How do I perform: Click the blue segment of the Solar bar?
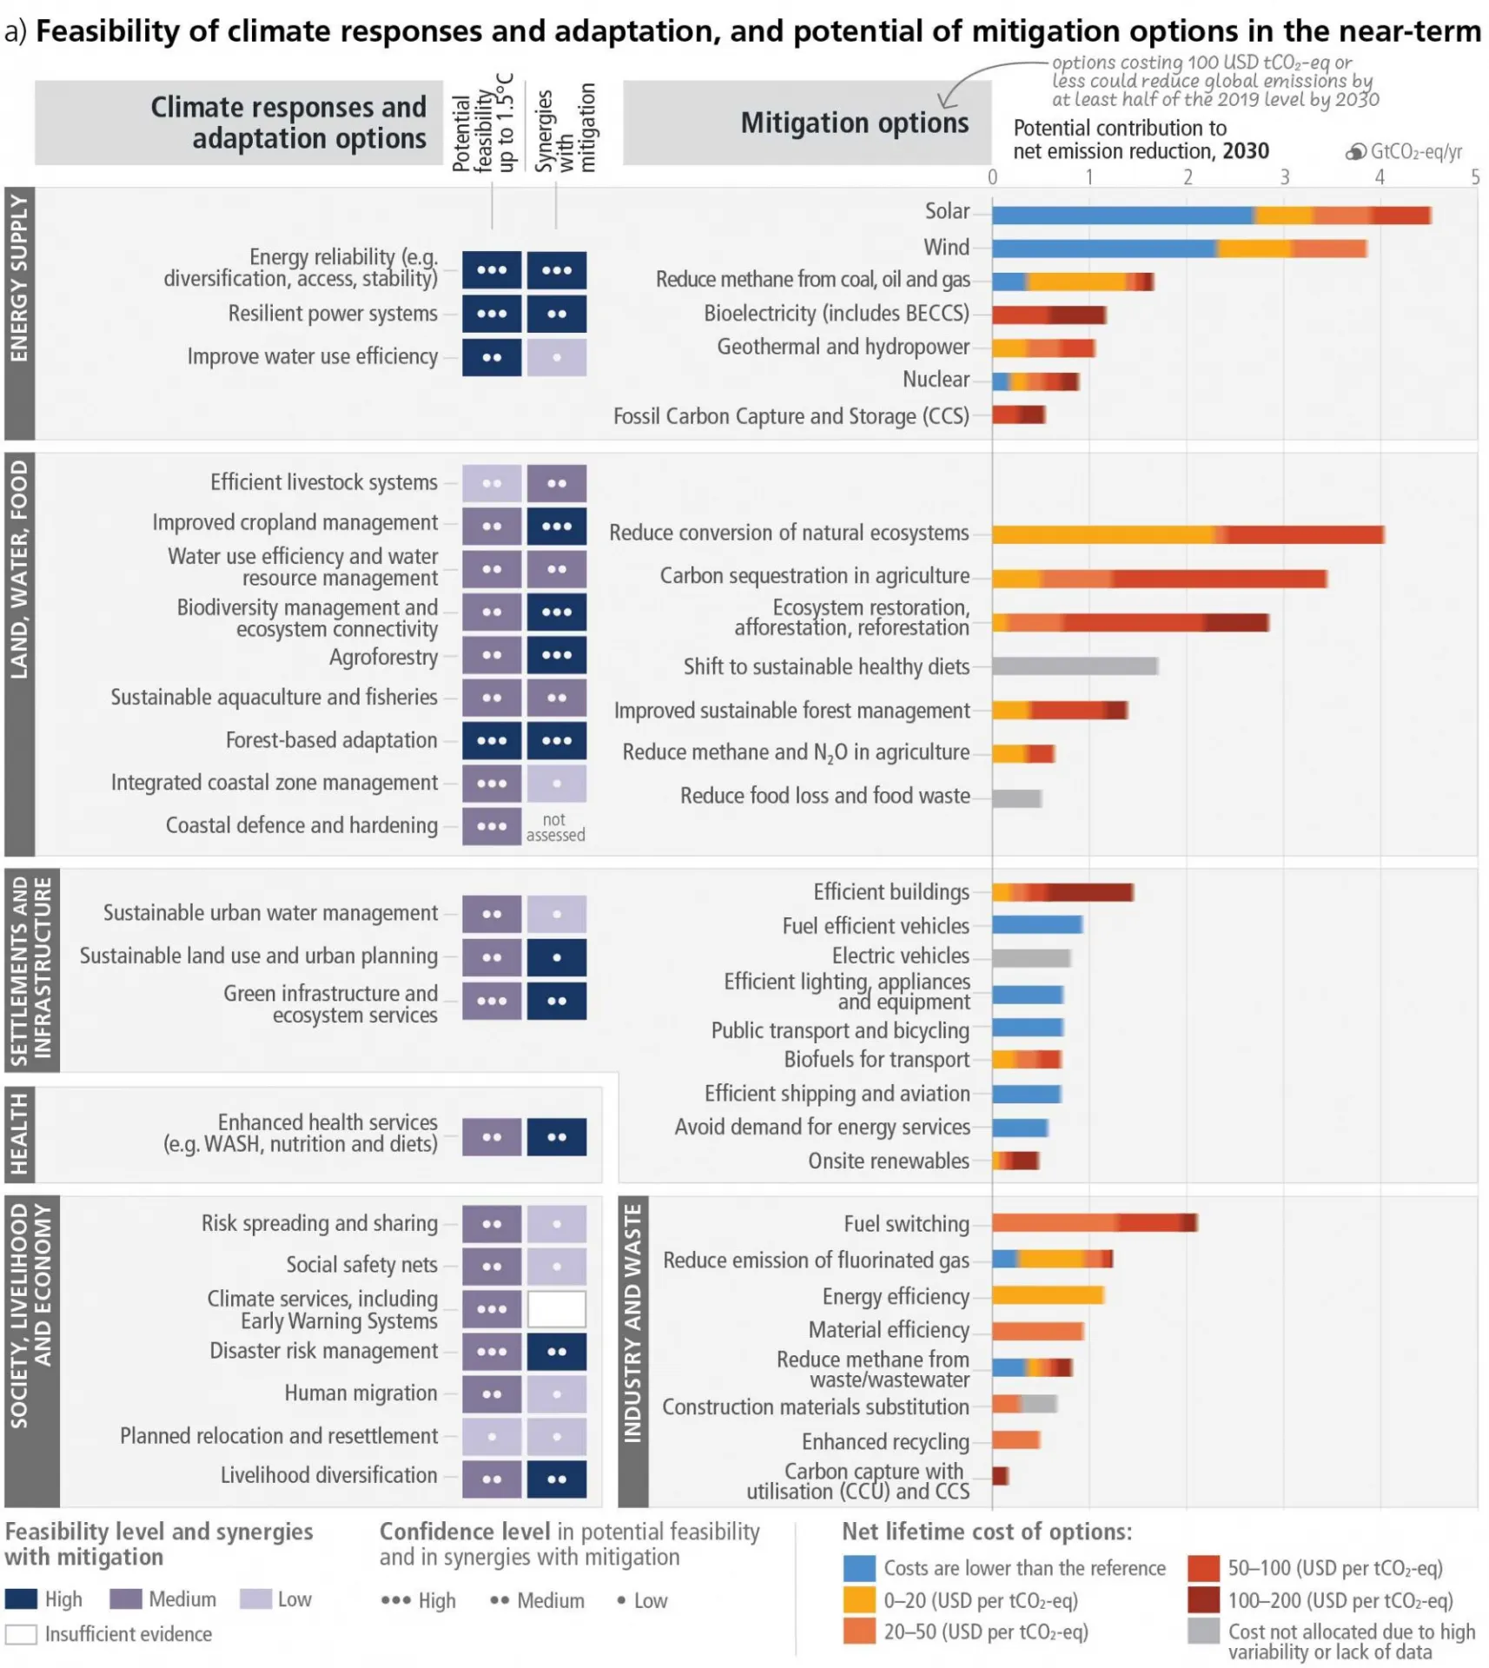(1122, 215)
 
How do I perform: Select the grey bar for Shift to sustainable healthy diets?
(1075, 666)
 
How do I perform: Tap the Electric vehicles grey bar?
(1031, 957)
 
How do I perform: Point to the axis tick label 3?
(1284, 177)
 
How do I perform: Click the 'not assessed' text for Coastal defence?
(555, 827)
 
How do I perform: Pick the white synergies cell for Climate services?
(556, 1308)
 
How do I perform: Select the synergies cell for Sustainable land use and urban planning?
(556, 957)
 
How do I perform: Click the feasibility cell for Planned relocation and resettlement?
(492, 1436)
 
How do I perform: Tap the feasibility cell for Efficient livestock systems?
(492, 483)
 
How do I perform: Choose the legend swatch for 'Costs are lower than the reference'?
(858, 1568)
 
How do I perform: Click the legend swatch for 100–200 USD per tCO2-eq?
(1203, 1599)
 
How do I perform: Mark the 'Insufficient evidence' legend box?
(21, 1634)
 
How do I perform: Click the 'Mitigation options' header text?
(854, 123)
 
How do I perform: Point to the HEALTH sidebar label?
(19, 1134)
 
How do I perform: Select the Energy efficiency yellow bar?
(1048, 1295)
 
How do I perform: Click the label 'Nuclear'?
(936, 380)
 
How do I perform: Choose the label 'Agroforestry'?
(383, 658)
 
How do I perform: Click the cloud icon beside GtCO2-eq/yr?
(1355, 152)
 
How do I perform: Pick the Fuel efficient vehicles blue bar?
(1037, 924)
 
